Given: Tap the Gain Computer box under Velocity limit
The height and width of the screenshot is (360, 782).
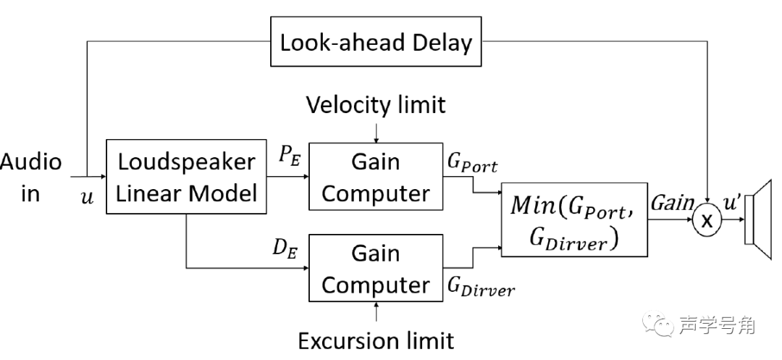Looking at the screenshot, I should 375,177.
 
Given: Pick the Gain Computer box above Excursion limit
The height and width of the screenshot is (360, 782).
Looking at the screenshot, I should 375,269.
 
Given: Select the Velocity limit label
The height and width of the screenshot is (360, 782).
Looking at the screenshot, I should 376,105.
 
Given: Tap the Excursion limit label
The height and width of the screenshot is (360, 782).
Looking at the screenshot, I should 376,340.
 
